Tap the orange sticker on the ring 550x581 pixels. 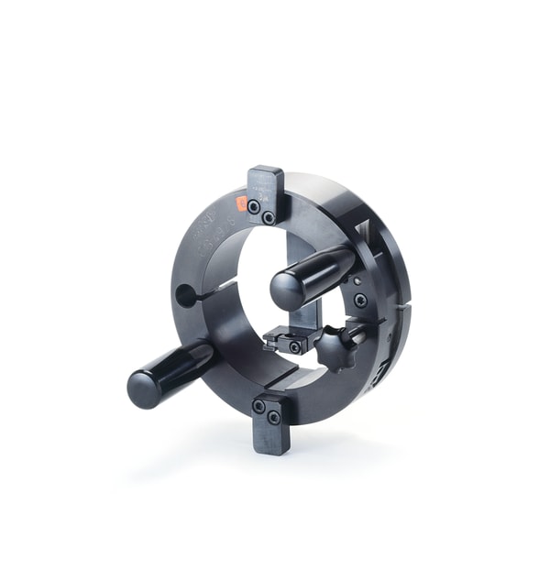(242, 203)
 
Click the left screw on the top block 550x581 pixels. (253, 207)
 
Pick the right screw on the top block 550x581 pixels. (269, 218)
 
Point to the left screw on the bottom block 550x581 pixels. (258, 406)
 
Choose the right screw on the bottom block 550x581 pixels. (274, 417)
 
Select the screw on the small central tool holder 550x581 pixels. (295, 347)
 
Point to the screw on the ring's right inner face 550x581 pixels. (360, 300)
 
